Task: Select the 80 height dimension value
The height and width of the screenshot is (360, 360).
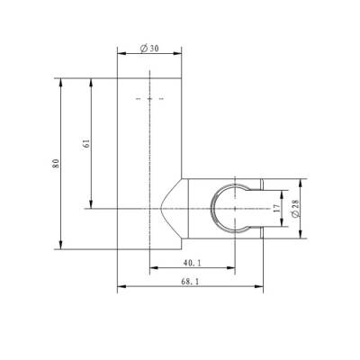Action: pyautogui.click(x=55, y=163)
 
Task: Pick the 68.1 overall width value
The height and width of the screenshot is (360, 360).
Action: pyautogui.click(x=190, y=283)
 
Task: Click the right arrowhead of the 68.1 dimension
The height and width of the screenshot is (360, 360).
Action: pyautogui.click(x=260, y=288)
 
